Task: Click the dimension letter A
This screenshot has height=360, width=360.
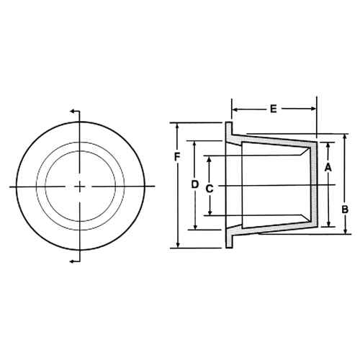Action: tap(328, 167)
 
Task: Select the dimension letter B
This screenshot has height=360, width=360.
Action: tap(345, 210)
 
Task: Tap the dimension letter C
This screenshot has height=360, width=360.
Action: tap(209, 188)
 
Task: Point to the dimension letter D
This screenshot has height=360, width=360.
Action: tap(194, 184)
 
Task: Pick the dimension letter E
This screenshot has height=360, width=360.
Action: tap(274, 109)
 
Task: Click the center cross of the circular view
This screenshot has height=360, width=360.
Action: tap(79, 186)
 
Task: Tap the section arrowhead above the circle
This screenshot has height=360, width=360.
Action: tap(72, 112)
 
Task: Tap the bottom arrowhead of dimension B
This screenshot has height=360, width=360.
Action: tap(345, 231)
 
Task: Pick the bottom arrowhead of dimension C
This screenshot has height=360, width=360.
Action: tap(209, 212)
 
